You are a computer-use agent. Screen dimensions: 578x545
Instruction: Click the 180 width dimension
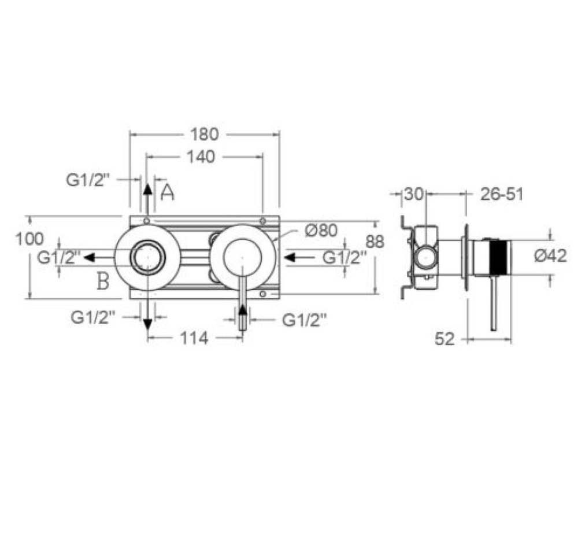[205, 134]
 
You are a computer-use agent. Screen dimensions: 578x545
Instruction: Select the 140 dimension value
[201, 157]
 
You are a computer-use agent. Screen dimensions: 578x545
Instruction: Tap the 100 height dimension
[29, 239]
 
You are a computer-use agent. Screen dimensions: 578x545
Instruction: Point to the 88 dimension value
[375, 242]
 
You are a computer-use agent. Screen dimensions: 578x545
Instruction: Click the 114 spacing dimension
[194, 338]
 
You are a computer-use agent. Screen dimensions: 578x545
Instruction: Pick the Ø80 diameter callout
[321, 231]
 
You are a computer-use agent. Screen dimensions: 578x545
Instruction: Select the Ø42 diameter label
[550, 255]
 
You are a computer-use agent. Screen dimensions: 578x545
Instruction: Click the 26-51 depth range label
[502, 194]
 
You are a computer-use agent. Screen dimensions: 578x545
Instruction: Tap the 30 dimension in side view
[413, 194]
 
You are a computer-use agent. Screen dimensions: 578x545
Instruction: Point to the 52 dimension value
[444, 339]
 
